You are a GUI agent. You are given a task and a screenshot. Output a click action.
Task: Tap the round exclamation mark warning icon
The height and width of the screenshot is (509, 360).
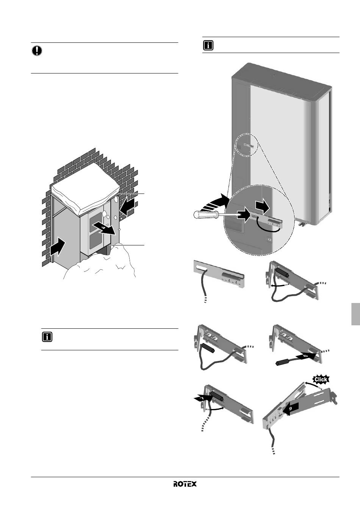click(x=37, y=51)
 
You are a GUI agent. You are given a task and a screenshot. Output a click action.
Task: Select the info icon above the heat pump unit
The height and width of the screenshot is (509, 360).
click(x=208, y=45)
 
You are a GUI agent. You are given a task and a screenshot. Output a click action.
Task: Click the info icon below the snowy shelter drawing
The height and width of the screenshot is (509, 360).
click(x=47, y=337)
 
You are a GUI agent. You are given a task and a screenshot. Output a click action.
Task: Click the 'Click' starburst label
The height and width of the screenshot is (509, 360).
click(x=321, y=379)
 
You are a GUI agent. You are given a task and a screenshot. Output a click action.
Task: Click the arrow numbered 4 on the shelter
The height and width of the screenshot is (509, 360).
click(x=104, y=228)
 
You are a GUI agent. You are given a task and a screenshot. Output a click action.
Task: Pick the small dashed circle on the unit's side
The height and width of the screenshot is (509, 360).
click(x=247, y=145)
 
